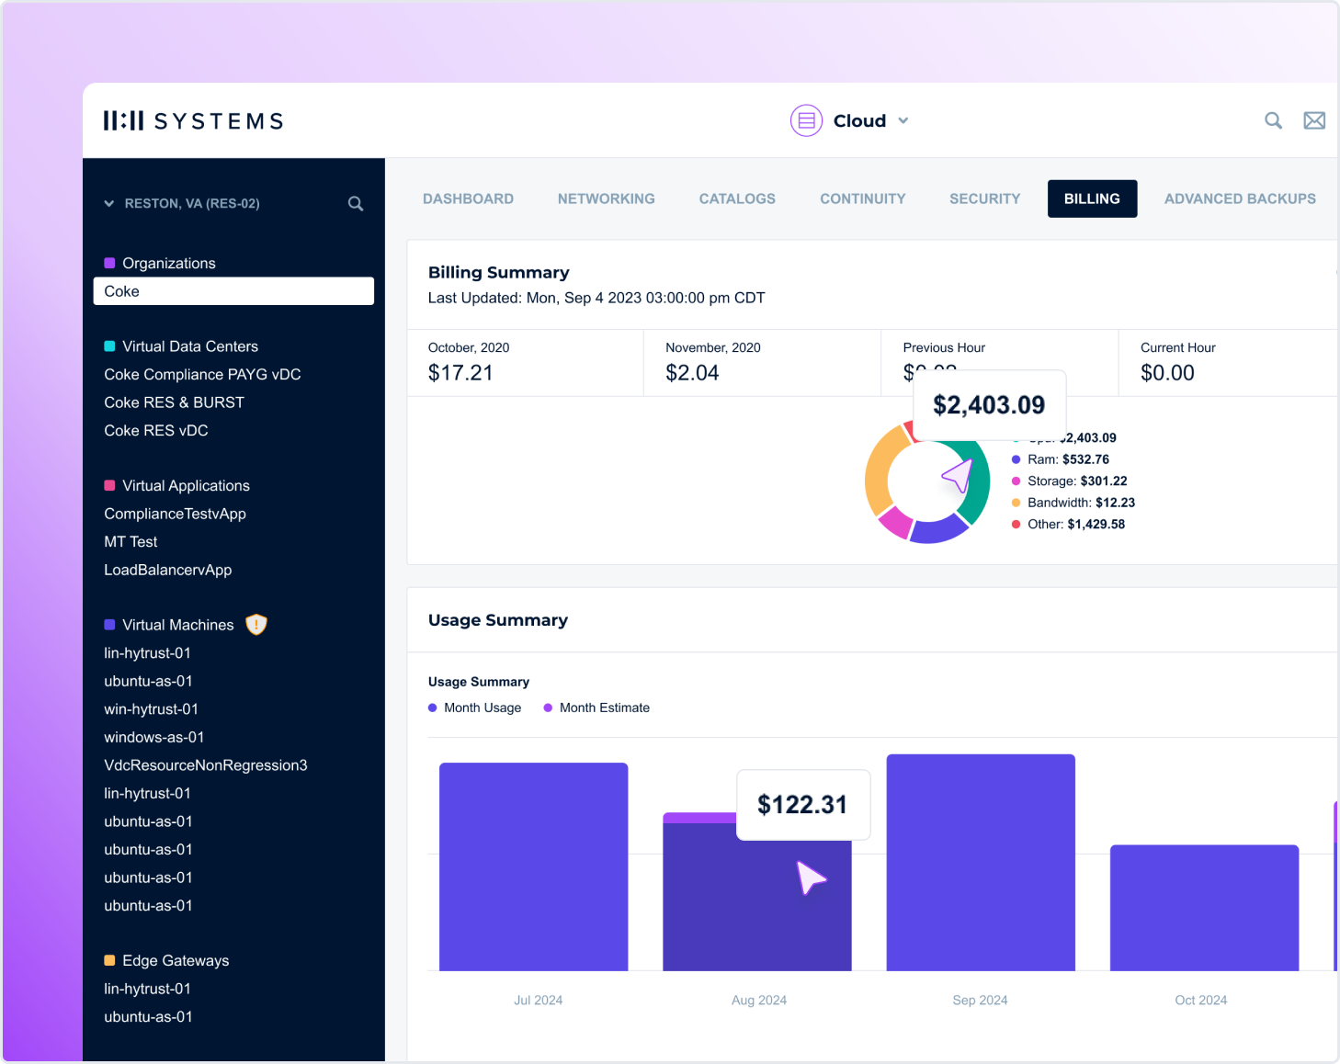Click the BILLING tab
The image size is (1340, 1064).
tap(1092, 198)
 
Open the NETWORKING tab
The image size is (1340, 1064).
tap(606, 198)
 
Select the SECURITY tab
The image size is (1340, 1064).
tap(984, 198)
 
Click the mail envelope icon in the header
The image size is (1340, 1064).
tap(1314, 120)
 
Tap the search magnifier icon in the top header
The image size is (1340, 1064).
tap(1273, 120)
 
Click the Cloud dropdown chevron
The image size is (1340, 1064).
tap(903, 120)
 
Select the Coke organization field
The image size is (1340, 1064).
tap(233, 291)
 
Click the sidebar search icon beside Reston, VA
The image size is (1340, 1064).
tap(356, 204)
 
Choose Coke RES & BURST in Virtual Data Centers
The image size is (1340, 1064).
tap(174, 402)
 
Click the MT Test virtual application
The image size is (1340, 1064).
tap(131, 542)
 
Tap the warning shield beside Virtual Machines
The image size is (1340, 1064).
tap(256, 625)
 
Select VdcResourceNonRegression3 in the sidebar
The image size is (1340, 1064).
tap(205, 765)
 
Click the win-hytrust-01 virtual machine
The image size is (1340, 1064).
tap(151, 709)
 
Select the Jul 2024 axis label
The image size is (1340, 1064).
tap(538, 1000)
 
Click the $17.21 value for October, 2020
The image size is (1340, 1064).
tap(460, 373)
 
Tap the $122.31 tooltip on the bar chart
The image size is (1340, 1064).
tap(802, 805)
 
